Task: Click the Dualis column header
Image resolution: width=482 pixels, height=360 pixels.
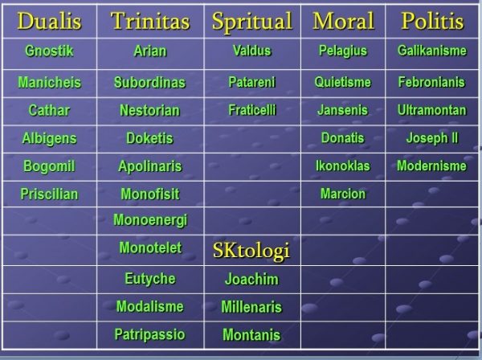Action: (49, 21)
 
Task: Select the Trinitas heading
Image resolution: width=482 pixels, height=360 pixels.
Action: (150, 21)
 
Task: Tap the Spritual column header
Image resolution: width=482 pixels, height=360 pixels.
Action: (252, 22)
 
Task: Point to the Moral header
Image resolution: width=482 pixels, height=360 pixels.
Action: (343, 21)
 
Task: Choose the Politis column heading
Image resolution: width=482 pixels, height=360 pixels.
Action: (432, 21)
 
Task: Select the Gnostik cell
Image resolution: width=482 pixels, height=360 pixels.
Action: (49, 51)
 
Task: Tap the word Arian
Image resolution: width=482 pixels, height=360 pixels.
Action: (150, 51)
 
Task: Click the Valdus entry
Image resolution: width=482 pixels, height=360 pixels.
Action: (252, 51)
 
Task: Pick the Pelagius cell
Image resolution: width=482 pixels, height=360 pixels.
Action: (343, 51)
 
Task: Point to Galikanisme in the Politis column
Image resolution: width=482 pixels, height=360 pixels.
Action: (432, 51)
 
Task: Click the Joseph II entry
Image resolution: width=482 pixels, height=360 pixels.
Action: (432, 138)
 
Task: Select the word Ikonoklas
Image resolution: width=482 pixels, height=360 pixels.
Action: (343, 166)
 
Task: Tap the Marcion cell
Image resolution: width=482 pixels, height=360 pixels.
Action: (343, 194)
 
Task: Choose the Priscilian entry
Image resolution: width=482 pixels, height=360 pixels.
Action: (49, 194)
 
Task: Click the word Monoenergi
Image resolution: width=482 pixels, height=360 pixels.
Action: (150, 220)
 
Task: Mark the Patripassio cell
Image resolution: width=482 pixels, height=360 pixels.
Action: (149, 335)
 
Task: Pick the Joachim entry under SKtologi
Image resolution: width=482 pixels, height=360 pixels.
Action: (251, 279)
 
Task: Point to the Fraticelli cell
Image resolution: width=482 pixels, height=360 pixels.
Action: (252, 110)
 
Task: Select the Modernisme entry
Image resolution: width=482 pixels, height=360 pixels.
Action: (432, 166)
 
